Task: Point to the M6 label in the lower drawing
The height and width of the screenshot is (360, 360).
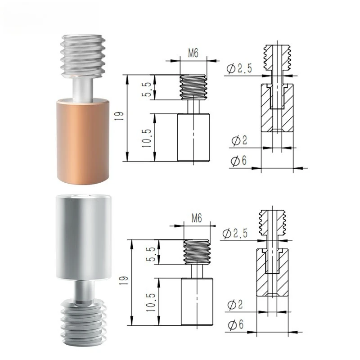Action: pyautogui.click(x=197, y=219)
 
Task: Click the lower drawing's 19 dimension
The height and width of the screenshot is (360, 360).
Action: pyautogui.click(x=122, y=282)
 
